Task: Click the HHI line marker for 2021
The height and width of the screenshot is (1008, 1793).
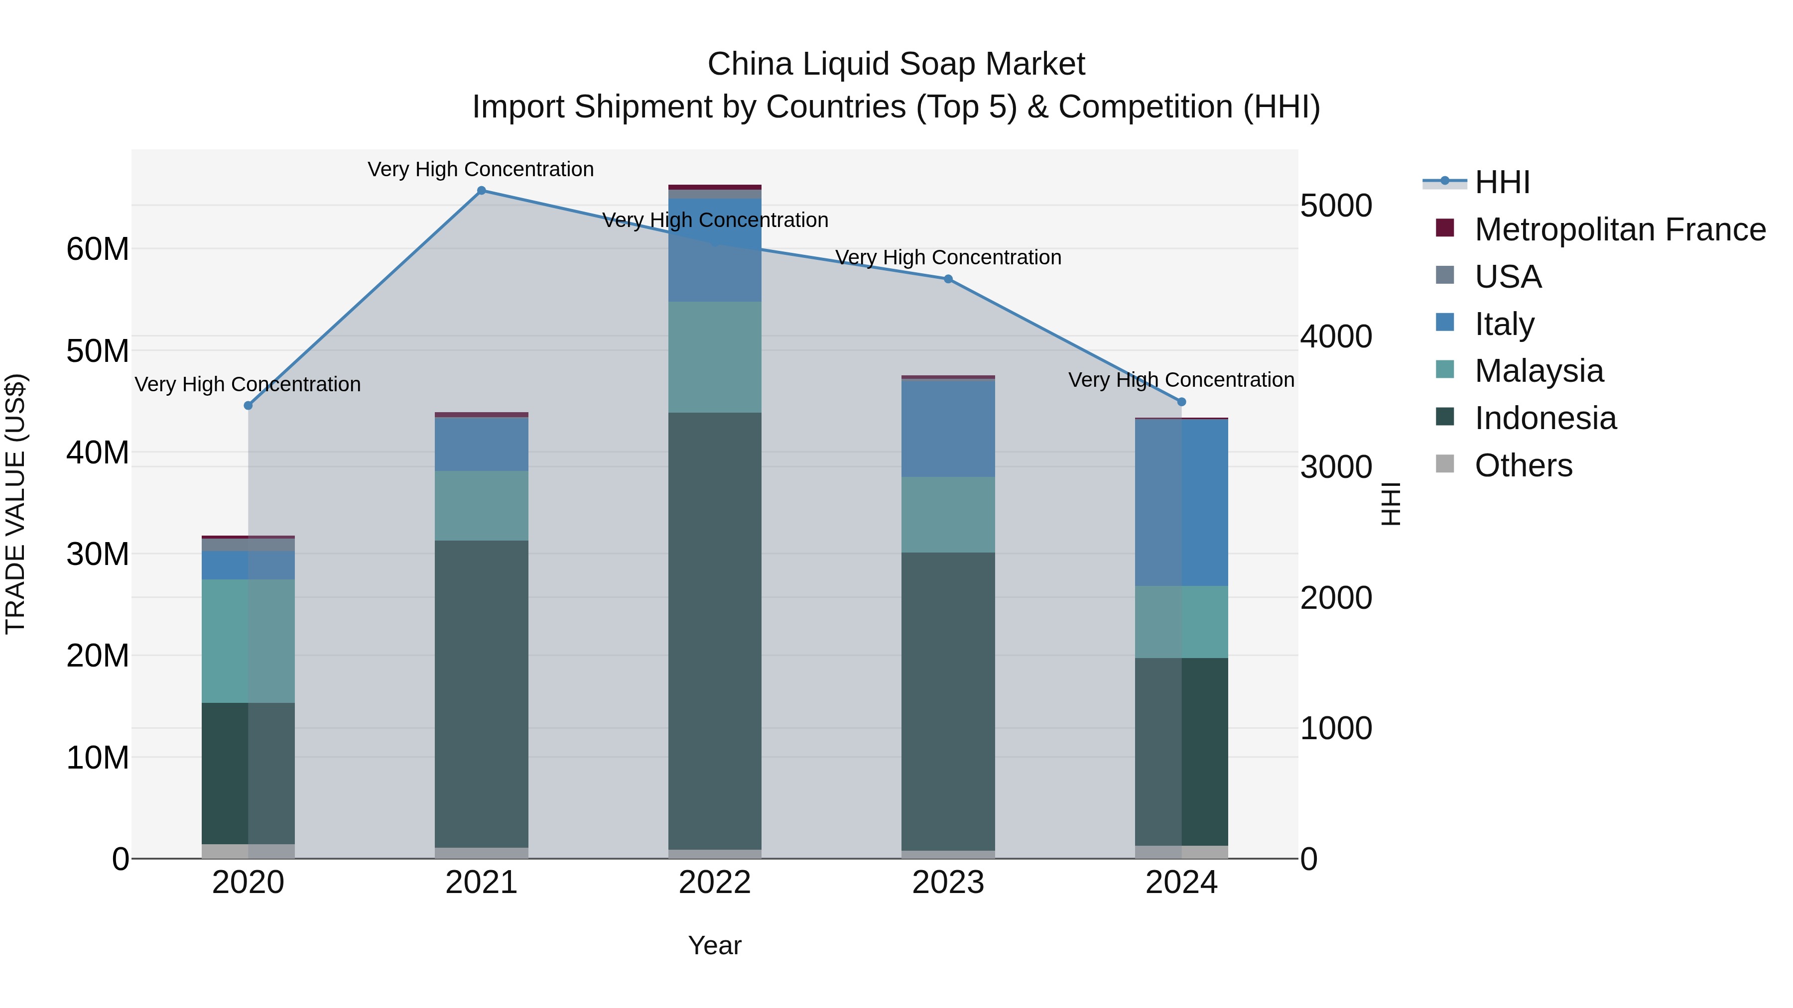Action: coord(481,191)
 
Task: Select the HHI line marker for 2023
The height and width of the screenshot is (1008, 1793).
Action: coord(948,279)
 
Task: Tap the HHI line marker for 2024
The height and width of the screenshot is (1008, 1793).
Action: coord(1181,402)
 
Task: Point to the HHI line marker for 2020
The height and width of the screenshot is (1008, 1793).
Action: coord(248,406)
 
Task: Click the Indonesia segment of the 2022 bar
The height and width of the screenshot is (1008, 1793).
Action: coord(715,630)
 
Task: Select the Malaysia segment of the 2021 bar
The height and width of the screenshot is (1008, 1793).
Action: coord(481,506)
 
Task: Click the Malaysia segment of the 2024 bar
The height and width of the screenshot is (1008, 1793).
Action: coord(1181,622)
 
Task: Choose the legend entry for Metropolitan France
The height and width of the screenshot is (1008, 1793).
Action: coord(1619,229)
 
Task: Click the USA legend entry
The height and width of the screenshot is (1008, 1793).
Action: coord(1508,277)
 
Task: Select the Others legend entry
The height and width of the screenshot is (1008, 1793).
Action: coord(1523,465)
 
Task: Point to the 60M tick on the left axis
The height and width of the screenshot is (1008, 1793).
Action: coord(98,249)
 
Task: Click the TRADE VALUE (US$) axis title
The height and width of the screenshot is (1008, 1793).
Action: coord(15,504)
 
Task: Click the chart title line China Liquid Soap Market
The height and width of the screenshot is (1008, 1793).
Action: coord(896,64)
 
